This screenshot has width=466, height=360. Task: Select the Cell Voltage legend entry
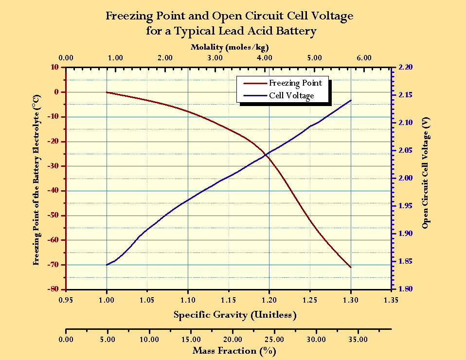click(291, 95)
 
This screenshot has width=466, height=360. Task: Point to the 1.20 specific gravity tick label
click(269, 300)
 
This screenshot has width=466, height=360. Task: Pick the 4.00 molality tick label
click(265, 58)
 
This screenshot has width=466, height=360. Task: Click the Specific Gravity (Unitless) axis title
click(235, 314)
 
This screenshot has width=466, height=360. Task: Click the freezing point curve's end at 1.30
click(350, 267)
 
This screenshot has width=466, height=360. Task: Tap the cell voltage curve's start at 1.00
click(107, 265)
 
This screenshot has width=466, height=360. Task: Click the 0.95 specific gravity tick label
click(66, 300)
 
